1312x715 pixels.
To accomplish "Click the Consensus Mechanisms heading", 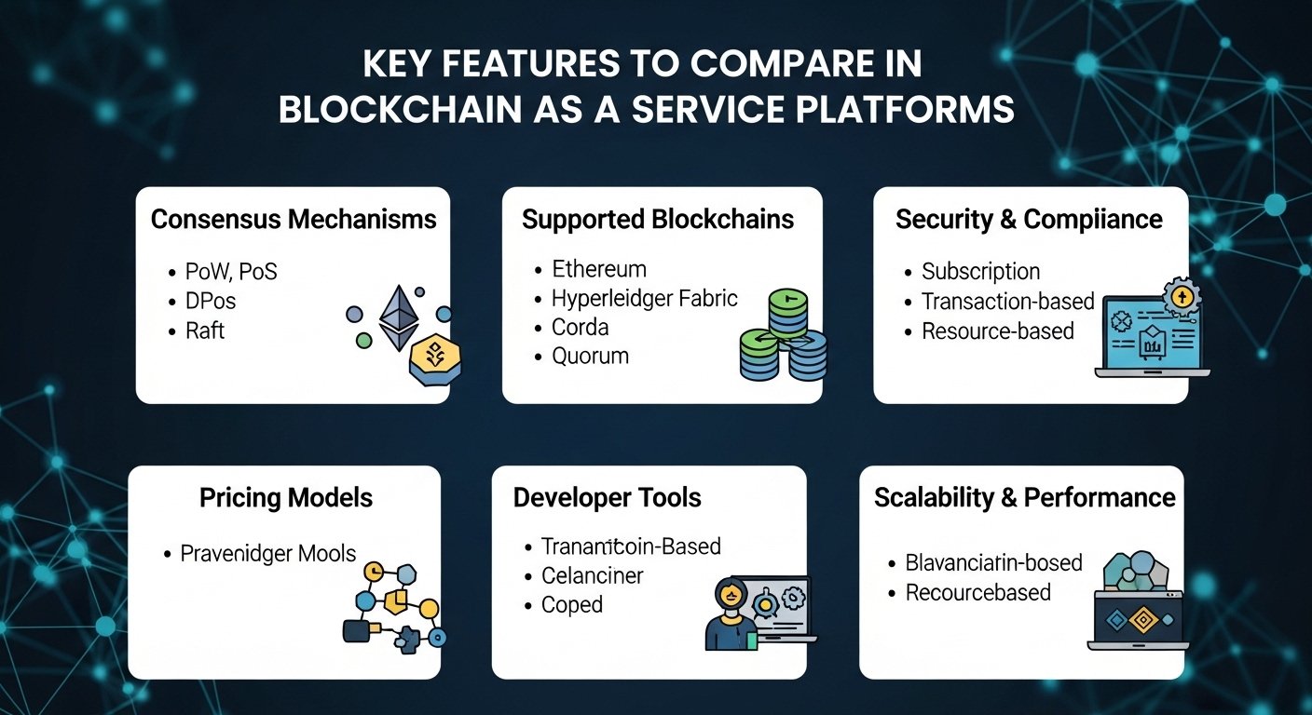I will [x=294, y=220].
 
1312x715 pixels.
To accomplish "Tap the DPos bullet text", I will [x=210, y=302].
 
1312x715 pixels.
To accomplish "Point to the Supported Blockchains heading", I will [x=658, y=220].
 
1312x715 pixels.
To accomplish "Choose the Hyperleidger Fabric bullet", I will [x=644, y=299].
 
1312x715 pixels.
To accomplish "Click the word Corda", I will [x=580, y=328].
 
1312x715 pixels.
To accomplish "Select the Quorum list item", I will [x=590, y=356].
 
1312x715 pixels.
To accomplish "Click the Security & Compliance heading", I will [x=1029, y=220].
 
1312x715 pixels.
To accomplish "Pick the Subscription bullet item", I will [x=980, y=272].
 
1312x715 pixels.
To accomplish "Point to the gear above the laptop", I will [x=1182, y=296].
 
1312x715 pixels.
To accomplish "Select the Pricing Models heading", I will [x=285, y=498].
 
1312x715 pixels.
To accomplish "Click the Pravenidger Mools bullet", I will [x=268, y=554].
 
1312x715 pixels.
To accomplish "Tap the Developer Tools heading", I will [x=607, y=498].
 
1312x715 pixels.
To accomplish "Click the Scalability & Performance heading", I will [x=1024, y=498].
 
